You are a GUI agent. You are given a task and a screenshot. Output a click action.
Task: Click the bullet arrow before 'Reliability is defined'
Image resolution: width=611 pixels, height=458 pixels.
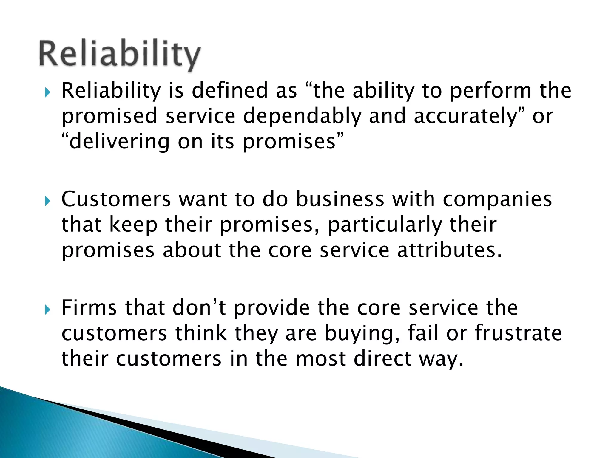[x=48, y=93]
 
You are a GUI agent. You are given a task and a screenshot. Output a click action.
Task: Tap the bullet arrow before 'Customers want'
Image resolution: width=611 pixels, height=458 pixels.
[x=48, y=202]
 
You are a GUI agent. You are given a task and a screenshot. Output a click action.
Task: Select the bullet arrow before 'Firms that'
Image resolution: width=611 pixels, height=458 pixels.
[x=48, y=310]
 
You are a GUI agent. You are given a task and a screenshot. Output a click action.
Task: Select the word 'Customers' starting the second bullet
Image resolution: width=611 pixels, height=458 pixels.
[x=116, y=199]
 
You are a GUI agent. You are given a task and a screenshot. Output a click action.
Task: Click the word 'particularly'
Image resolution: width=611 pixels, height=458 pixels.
[x=385, y=225]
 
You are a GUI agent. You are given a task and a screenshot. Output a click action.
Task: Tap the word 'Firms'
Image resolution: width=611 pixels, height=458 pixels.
[x=89, y=308]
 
